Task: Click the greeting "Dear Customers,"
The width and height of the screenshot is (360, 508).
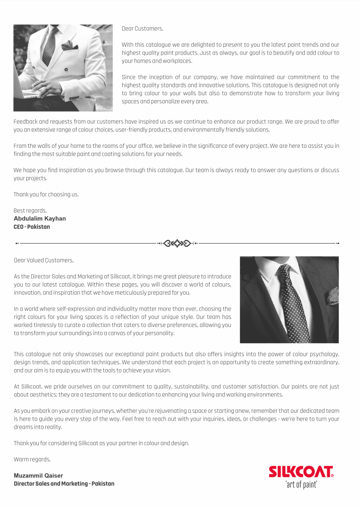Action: coord(142,29)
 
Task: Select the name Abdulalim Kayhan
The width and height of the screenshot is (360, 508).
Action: coord(40,219)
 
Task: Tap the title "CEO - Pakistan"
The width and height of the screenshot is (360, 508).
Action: coord(32,227)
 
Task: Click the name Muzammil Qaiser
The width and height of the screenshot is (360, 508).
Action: coord(38,476)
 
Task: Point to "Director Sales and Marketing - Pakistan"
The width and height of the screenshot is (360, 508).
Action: coord(64,484)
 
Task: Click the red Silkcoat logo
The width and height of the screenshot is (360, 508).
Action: coord(301,472)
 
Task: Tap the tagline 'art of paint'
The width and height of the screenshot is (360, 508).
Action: coord(301,485)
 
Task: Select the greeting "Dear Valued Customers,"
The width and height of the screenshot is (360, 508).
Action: coord(44,260)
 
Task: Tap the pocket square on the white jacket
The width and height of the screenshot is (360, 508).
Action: coord(70,46)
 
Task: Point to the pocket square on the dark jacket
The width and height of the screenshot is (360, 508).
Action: coord(331,296)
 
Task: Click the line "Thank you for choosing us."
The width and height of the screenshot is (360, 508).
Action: coord(46,194)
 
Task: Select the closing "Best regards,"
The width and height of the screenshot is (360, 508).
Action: coord(30,211)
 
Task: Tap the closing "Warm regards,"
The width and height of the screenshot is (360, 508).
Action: coord(32,459)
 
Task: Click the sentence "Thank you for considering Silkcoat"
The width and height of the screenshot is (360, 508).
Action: coord(101,443)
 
